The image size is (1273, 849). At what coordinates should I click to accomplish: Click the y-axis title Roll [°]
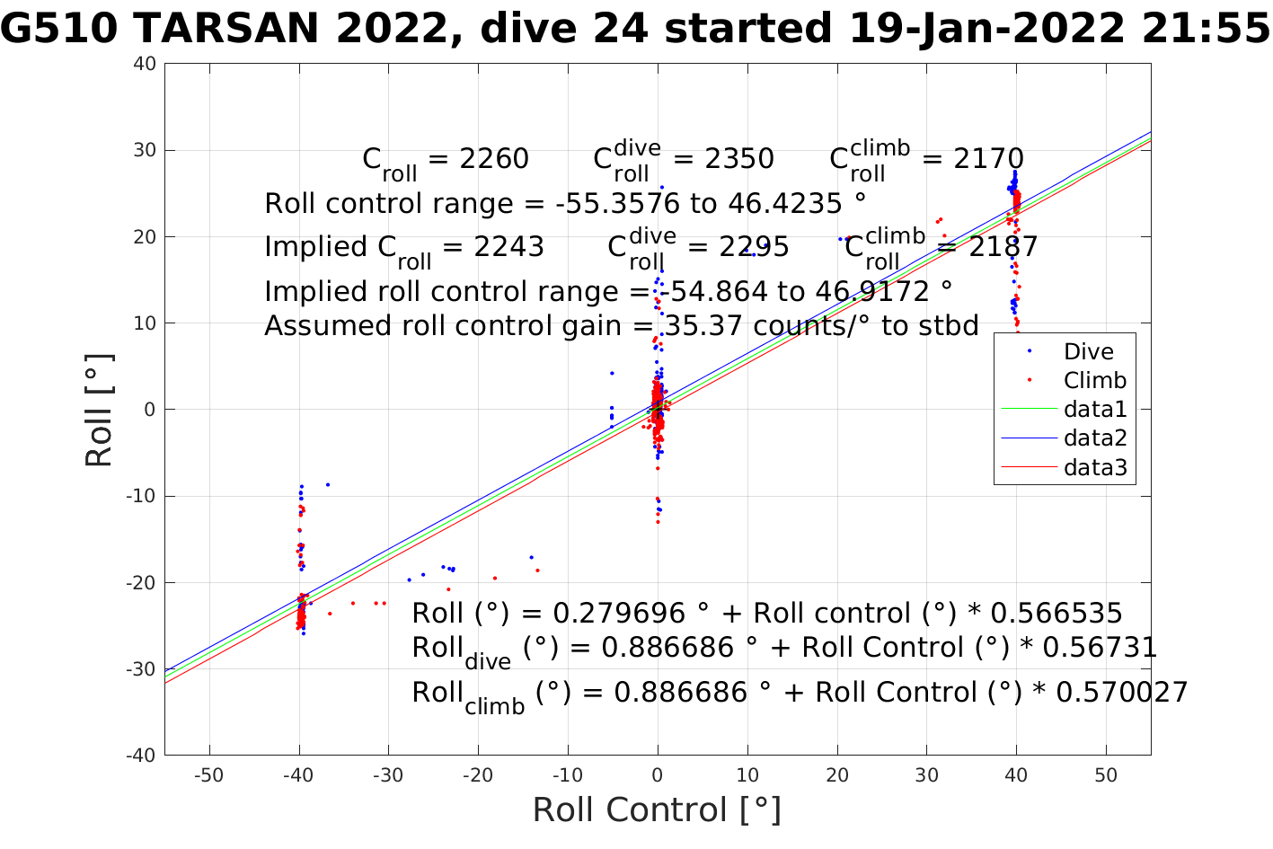pyautogui.click(x=99, y=410)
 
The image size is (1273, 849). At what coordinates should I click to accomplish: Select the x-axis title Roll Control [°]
pyautogui.click(x=657, y=809)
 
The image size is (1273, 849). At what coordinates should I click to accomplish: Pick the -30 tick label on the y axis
pyautogui.click(x=140, y=669)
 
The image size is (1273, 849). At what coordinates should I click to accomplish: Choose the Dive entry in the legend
pyautogui.click(x=1088, y=351)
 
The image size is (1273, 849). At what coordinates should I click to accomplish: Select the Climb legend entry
pyautogui.click(x=1094, y=380)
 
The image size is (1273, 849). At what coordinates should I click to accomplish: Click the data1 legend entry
pyautogui.click(x=1094, y=409)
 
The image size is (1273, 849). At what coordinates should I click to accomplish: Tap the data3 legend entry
pyautogui.click(x=1094, y=467)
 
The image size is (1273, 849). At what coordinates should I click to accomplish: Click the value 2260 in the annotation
pyautogui.click(x=494, y=159)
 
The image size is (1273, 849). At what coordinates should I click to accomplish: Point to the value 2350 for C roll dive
pyautogui.click(x=739, y=159)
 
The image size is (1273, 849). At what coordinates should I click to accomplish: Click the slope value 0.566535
pyautogui.click(x=1056, y=614)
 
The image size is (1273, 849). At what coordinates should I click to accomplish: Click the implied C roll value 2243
pyautogui.click(x=509, y=247)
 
